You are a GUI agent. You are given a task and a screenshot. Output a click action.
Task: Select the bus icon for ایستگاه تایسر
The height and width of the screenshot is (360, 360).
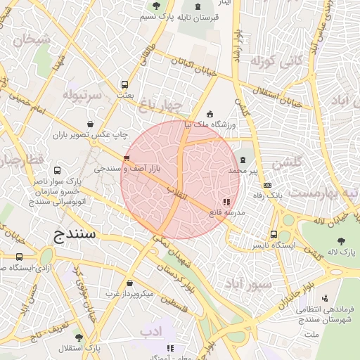coord(274,235)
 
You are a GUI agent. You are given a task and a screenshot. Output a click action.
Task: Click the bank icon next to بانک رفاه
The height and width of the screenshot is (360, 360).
coord(266,184)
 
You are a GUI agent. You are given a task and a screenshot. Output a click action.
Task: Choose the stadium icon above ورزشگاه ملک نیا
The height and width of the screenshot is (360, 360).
coord(210,115)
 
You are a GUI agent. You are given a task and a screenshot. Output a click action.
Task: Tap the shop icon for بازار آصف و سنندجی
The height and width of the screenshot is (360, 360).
coord(127,158)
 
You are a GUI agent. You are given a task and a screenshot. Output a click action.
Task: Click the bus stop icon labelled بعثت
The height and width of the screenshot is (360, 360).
coord(125,84)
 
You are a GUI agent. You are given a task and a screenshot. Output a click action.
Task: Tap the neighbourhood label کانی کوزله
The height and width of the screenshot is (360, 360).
coord(276,60)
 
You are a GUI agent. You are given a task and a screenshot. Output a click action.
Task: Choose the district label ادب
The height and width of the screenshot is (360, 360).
coord(150,330)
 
